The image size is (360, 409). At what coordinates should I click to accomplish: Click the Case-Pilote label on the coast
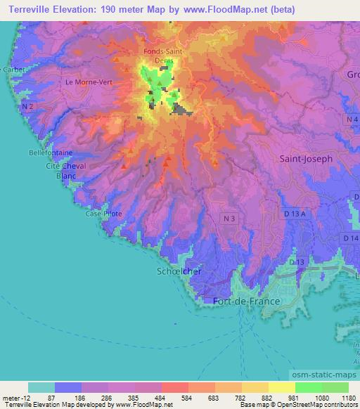[x=103, y=213]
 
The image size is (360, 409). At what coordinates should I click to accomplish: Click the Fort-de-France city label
[x=246, y=301]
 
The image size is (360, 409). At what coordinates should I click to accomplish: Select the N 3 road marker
[x=226, y=219]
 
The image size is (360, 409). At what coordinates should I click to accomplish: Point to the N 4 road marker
[x=352, y=121]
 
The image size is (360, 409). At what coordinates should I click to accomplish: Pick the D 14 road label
[x=352, y=238]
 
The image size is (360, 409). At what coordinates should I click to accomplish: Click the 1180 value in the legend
[x=348, y=397]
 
